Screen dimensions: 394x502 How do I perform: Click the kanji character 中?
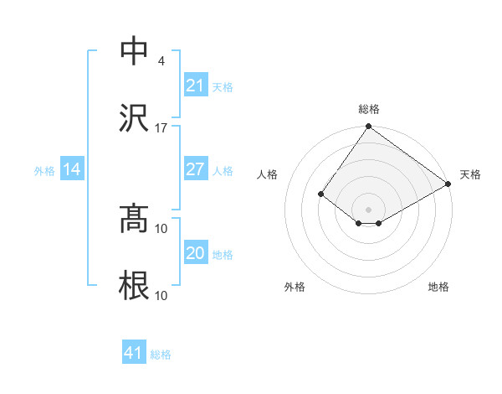tap(135, 50)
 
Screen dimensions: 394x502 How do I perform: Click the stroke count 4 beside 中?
tap(161, 61)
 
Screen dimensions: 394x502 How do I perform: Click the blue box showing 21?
tap(195, 86)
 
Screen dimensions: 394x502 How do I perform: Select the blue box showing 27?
tap(195, 169)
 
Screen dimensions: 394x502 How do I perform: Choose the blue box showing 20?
tap(195, 253)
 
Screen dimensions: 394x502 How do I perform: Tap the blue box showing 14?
tap(72, 170)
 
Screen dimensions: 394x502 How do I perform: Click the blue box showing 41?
tap(134, 353)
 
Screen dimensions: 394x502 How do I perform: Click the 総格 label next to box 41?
tap(161, 355)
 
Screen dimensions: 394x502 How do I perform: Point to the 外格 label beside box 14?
tap(44, 171)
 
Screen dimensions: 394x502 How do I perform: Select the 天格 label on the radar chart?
tap(470, 174)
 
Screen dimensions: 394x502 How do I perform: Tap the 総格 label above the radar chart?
tap(369, 110)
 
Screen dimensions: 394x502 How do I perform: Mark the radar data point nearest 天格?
tap(448, 184)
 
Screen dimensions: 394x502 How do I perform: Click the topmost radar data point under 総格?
tap(368, 127)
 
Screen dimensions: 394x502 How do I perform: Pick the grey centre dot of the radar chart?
tap(368, 210)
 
